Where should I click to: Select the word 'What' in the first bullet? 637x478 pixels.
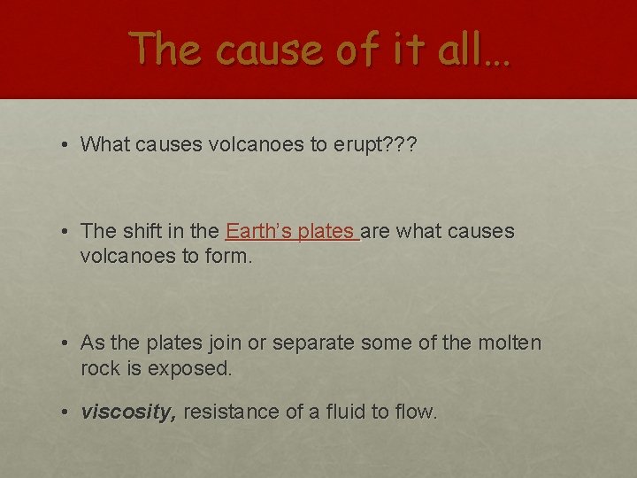coord(104,144)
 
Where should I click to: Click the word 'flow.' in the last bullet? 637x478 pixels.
coord(415,412)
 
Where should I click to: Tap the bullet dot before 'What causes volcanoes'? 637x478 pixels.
coord(67,145)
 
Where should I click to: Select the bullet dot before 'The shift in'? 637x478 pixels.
coord(67,233)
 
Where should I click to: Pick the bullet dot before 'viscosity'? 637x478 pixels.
coord(67,412)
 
